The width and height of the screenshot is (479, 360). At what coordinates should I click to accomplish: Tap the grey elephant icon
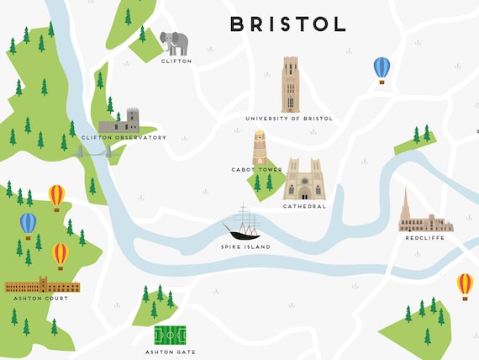click(175, 43)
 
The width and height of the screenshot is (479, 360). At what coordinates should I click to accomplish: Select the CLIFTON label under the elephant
click(176, 61)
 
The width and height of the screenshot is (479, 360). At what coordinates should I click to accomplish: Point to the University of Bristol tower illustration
click(290, 84)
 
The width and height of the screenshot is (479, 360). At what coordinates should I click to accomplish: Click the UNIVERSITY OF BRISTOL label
click(289, 119)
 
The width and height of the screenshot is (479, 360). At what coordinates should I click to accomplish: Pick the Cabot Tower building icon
click(260, 147)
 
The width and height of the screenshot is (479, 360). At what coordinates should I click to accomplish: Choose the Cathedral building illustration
click(304, 179)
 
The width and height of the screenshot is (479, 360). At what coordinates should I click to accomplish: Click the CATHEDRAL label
click(304, 206)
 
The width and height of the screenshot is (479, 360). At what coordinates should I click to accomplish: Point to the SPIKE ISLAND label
click(245, 247)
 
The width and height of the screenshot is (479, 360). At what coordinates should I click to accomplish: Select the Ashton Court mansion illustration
click(42, 285)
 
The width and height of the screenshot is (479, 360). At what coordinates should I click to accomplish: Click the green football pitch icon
click(171, 336)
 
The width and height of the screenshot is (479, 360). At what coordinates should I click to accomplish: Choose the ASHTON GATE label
click(170, 352)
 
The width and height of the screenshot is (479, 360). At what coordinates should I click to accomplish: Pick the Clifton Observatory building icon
click(119, 122)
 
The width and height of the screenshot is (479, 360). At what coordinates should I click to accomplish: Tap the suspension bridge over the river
click(95, 152)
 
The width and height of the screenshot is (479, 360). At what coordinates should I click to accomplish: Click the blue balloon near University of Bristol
click(382, 68)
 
